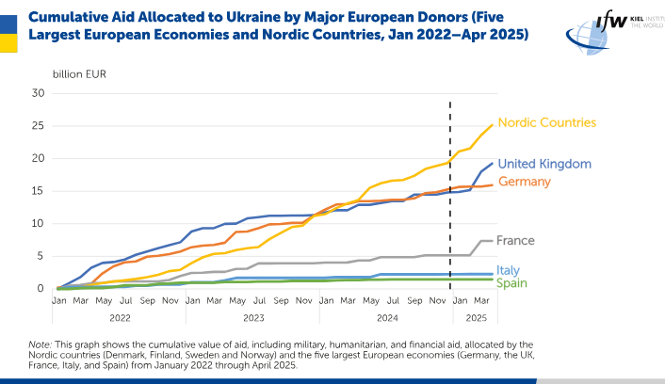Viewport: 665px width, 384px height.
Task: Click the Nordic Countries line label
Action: tap(546, 123)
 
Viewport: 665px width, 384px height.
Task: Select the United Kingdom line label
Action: tap(544, 164)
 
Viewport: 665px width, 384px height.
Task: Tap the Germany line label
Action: tap(525, 181)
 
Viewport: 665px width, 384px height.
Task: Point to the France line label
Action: tap(515, 241)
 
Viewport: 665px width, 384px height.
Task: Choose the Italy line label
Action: tap(509, 270)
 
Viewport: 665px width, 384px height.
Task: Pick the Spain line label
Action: tap(512, 282)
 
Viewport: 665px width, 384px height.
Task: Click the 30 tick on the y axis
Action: tap(39, 93)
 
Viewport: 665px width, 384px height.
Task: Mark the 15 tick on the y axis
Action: tap(39, 191)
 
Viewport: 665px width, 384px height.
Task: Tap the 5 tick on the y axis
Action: tap(41, 256)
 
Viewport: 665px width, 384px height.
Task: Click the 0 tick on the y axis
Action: tap(41, 289)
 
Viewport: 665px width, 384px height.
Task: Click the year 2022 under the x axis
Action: tap(120, 318)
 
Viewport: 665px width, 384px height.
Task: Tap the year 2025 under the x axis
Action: tap(476, 318)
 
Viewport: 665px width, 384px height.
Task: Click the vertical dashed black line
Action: tap(450, 188)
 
